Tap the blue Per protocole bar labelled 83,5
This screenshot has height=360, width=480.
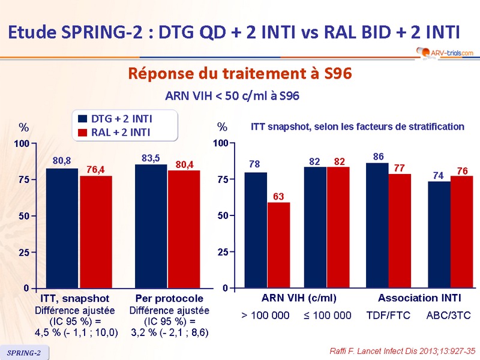(x=151, y=226)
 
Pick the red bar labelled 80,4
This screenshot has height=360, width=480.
(x=184, y=229)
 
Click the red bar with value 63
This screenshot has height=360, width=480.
(x=278, y=245)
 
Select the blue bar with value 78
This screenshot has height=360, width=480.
(x=256, y=230)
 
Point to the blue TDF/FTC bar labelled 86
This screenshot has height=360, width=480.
(x=377, y=226)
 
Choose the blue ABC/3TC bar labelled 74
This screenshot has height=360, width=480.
(x=439, y=235)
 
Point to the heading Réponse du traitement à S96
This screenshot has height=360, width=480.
(x=239, y=74)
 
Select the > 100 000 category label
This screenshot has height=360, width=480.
(x=265, y=315)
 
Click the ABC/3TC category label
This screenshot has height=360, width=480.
(x=448, y=315)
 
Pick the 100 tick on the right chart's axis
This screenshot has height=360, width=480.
(x=221, y=143)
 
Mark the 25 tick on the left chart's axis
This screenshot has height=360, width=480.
(x=23, y=253)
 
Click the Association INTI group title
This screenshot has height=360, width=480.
(x=416, y=298)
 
